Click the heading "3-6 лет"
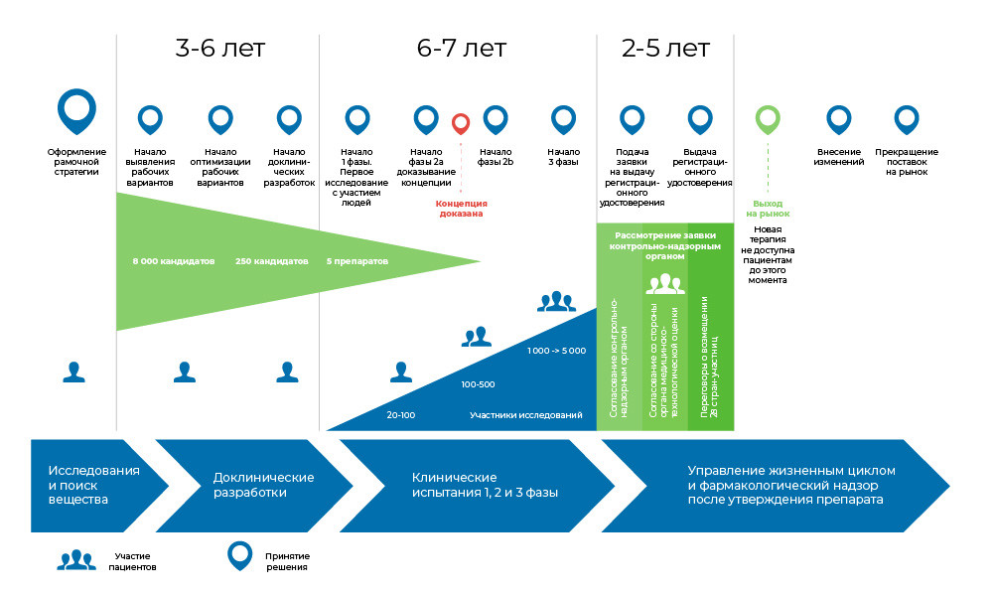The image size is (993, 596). pyautogui.click(x=219, y=48)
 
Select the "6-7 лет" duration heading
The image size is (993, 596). pyautogui.click(x=462, y=48)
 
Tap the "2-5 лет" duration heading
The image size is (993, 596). pyautogui.click(x=665, y=48)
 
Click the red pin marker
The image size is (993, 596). pyautogui.click(x=461, y=123)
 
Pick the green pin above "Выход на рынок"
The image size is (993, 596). pyautogui.click(x=768, y=120)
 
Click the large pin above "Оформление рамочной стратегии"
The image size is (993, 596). pyautogui.click(x=76, y=111)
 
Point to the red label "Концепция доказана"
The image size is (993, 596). pyautogui.click(x=461, y=209)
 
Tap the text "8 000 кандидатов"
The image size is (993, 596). pyautogui.click(x=174, y=261)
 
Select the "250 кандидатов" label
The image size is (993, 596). pyautogui.click(x=272, y=261)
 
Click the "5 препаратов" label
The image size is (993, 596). pyautogui.click(x=357, y=261)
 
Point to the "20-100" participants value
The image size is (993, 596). pyautogui.click(x=401, y=415)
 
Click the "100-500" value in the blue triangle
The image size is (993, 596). pyautogui.click(x=479, y=384)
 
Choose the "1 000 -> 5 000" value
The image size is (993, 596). pyautogui.click(x=557, y=351)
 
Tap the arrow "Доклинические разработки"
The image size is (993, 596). pyautogui.click(x=254, y=486)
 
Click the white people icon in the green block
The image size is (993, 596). pyautogui.click(x=665, y=284)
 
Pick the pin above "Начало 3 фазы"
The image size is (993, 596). pyautogui.click(x=563, y=120)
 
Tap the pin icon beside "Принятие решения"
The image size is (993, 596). pyautogui.click(x=240, y=556)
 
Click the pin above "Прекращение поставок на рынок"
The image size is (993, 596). pyautogui.click(x=907, y=120)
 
